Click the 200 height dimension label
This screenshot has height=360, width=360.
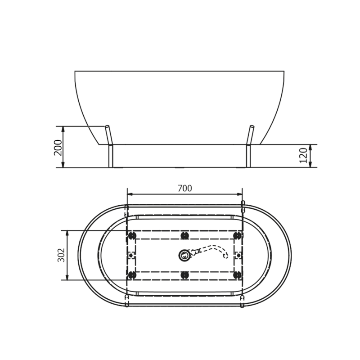click(58, 147)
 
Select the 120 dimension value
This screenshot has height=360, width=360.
click(304, 155)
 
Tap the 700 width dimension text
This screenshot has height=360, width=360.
click(184, 189)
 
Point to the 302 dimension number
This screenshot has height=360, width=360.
click(62, 255)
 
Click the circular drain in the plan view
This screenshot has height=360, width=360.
click(184, 256)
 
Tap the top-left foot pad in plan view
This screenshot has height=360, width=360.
click(132, 236)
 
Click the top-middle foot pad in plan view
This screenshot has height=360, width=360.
click(184, 236)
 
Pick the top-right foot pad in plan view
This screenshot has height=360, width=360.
click(237, 236)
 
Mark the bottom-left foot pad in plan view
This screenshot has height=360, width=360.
click(132, 274)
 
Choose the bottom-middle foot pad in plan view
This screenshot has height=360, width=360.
click(184, 274)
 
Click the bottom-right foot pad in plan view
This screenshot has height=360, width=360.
click(237, 274)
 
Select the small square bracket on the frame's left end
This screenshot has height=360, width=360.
click(131, 255)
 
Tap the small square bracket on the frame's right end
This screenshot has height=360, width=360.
click(238, 255)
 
